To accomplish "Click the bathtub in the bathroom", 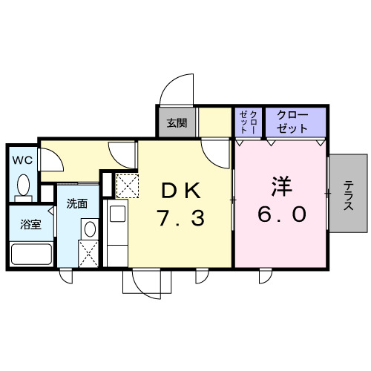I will tap(30, 254).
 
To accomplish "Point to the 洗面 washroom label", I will tap(76, 203).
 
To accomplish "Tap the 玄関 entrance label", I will tap(177, 122).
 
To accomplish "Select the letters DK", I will tap(182, 191).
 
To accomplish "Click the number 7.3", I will tap(182, 218).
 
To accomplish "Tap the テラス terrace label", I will tap(348, 196).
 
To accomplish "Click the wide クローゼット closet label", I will tap(295, 121).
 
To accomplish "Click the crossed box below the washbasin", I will tap(89, 254).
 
